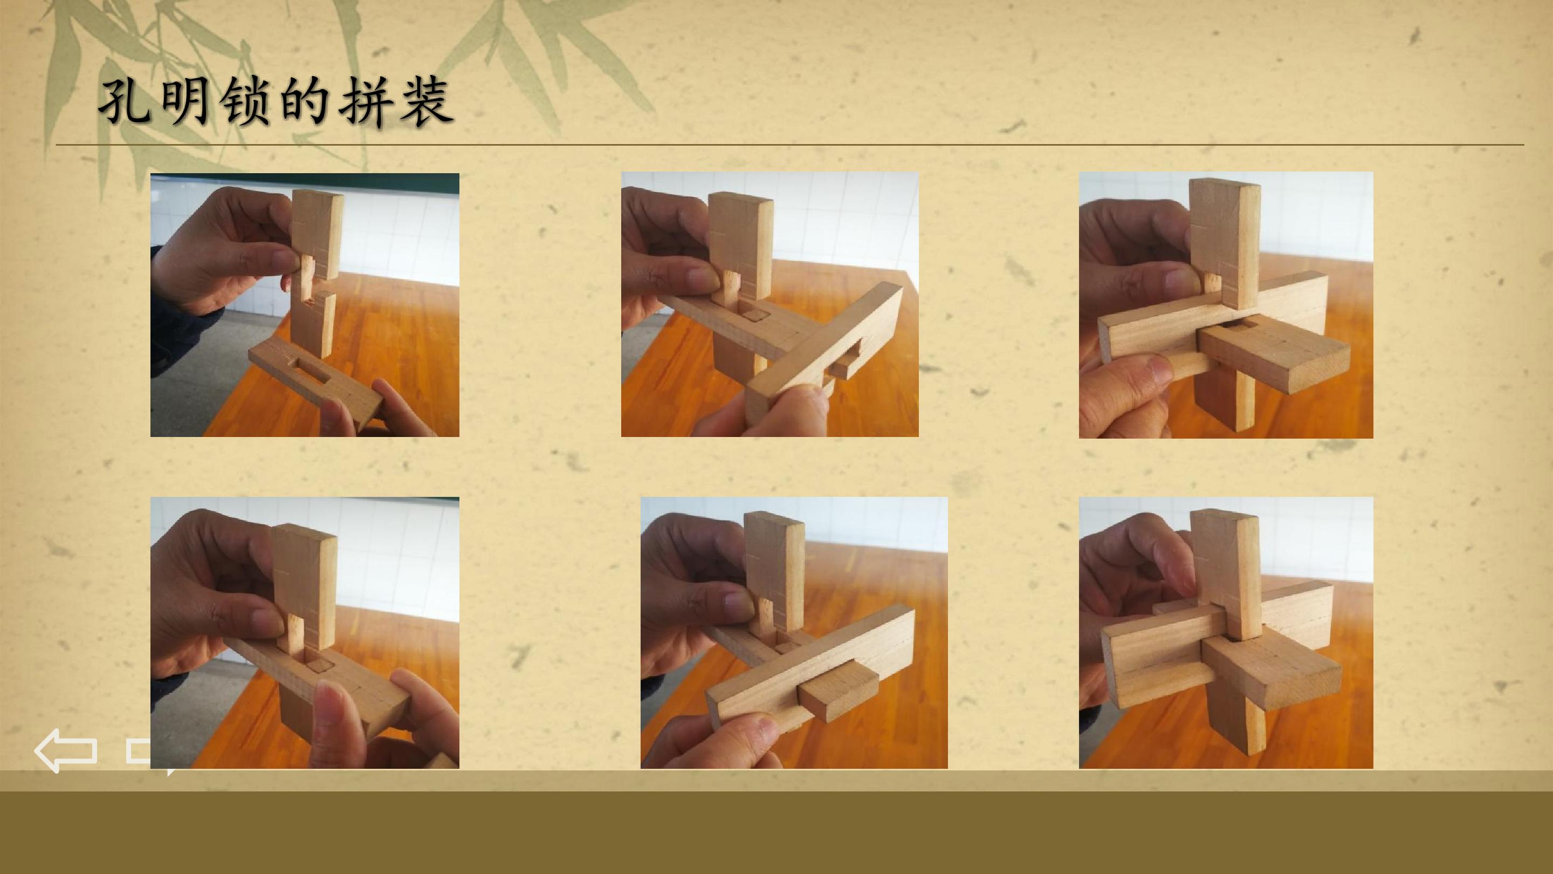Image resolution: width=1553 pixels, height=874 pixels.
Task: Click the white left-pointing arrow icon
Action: click(x=66, y=750)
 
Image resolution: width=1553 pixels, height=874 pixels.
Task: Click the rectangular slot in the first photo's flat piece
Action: click(x=310, y=368)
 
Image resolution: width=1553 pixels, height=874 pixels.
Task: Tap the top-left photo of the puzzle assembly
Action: click(x=305, y=305)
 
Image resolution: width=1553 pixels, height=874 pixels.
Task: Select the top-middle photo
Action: click(x=770, y=304)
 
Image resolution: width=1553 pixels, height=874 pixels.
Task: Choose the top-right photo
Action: click(x=1226, y=305)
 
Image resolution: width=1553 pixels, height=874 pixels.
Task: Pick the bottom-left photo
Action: click(x=305, y=633)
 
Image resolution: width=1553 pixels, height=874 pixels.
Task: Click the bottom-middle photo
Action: click(x=794, y=633)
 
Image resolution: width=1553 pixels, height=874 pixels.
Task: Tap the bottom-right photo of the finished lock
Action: click(x=1226, y=633)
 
